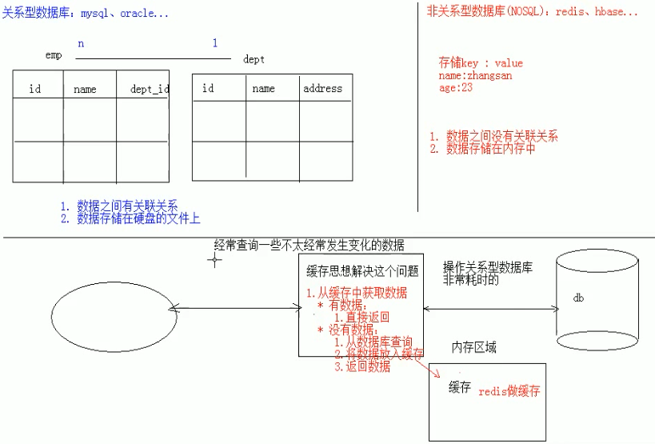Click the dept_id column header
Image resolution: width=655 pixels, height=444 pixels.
pos(150,89)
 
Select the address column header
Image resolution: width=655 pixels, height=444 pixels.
pos(322,88)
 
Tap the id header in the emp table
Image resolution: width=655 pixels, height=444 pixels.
pos(35,89)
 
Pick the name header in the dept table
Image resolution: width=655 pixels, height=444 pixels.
pos(264,89)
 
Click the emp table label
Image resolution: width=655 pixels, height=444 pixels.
pos(54,55)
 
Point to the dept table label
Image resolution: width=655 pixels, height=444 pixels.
pos(254,59)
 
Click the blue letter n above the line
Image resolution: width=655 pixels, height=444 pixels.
pos(81,43)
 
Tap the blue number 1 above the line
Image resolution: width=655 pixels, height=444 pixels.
pos(214,42)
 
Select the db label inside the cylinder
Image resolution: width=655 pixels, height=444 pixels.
pos(578,298)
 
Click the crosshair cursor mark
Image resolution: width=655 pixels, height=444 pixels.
pos(214,260)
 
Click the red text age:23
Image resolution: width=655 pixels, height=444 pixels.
pos(456,87)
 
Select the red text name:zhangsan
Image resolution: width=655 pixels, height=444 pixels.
pos(475,76)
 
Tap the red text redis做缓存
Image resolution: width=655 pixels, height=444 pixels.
pos(509,391)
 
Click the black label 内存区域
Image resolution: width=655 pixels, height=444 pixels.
pos(474,347)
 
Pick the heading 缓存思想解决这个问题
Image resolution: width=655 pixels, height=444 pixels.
pos(362,271)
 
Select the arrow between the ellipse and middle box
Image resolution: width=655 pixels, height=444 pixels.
pos(235,309)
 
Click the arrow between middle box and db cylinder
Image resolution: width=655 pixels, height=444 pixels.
pos(491,309)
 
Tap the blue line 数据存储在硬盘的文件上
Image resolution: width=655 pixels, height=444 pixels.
pos(130,218)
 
